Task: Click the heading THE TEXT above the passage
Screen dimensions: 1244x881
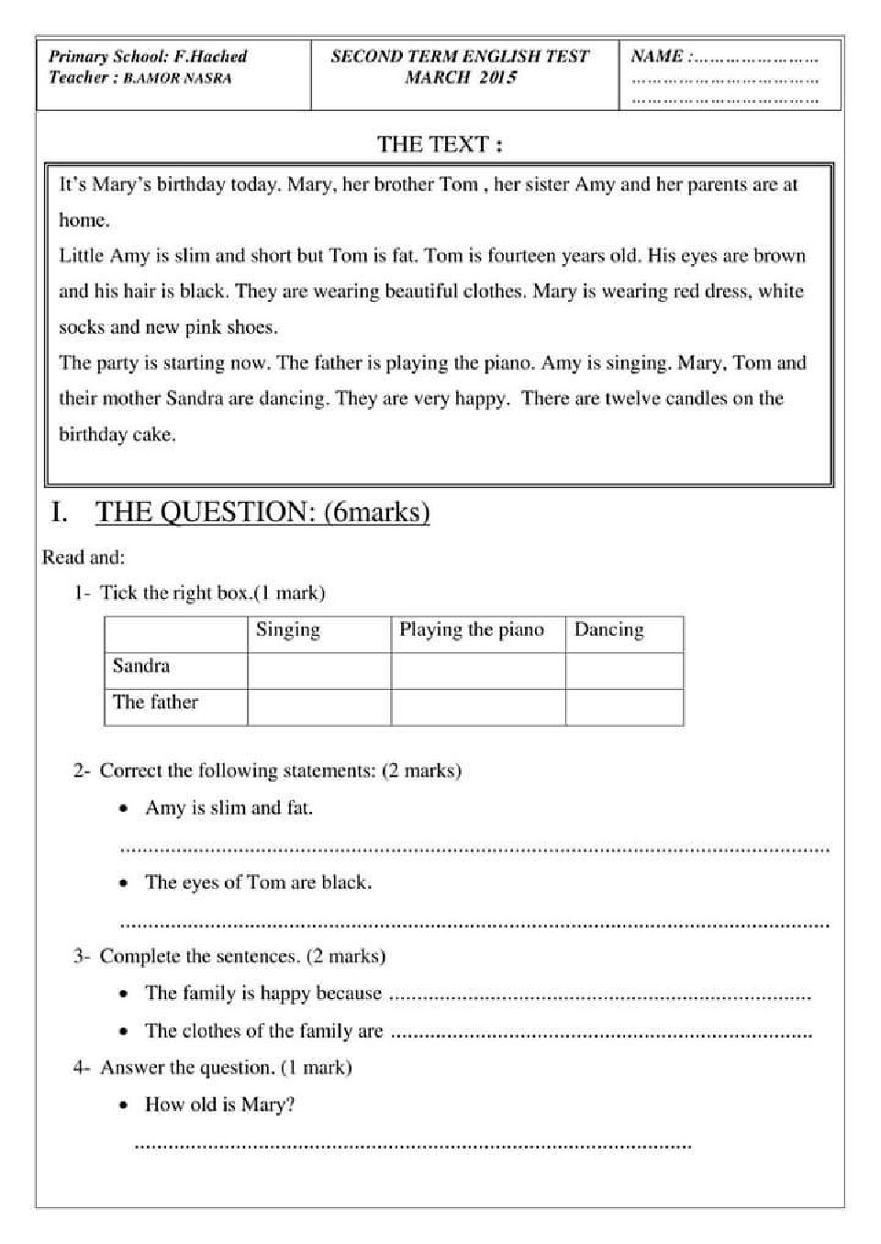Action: click(x=440, y=144)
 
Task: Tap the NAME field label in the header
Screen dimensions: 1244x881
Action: click(x=657, y=56)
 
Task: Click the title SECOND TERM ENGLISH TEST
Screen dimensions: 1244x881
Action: click(x=460, y=56)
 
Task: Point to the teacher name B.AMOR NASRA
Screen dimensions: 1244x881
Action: click(x=177, y=78)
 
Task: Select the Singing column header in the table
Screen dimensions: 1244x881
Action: click(x=288, y=630)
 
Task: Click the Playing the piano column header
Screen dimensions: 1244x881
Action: click(x=472, y=630)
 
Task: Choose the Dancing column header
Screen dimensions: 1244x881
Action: click(x=608, y=630)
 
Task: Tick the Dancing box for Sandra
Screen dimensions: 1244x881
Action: click(x=624, y=671)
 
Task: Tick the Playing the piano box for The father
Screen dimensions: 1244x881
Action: click(x=477, y=707)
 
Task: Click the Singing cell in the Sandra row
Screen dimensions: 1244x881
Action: click(x=318, y=671)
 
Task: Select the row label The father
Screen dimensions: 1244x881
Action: click(x=155, y=703)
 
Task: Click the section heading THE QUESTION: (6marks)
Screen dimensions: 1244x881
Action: click(x=262, y=512)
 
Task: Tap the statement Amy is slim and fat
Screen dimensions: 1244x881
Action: click(x=229, y=808)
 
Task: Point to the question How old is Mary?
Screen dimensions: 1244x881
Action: click(x=219, y=1105)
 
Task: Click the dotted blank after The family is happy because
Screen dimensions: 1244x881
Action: click(x=600, y=995)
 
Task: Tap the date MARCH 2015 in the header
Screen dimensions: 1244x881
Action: click(x=461, y=78)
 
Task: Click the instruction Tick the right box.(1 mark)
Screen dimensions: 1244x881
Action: click(x=212, y=594)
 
